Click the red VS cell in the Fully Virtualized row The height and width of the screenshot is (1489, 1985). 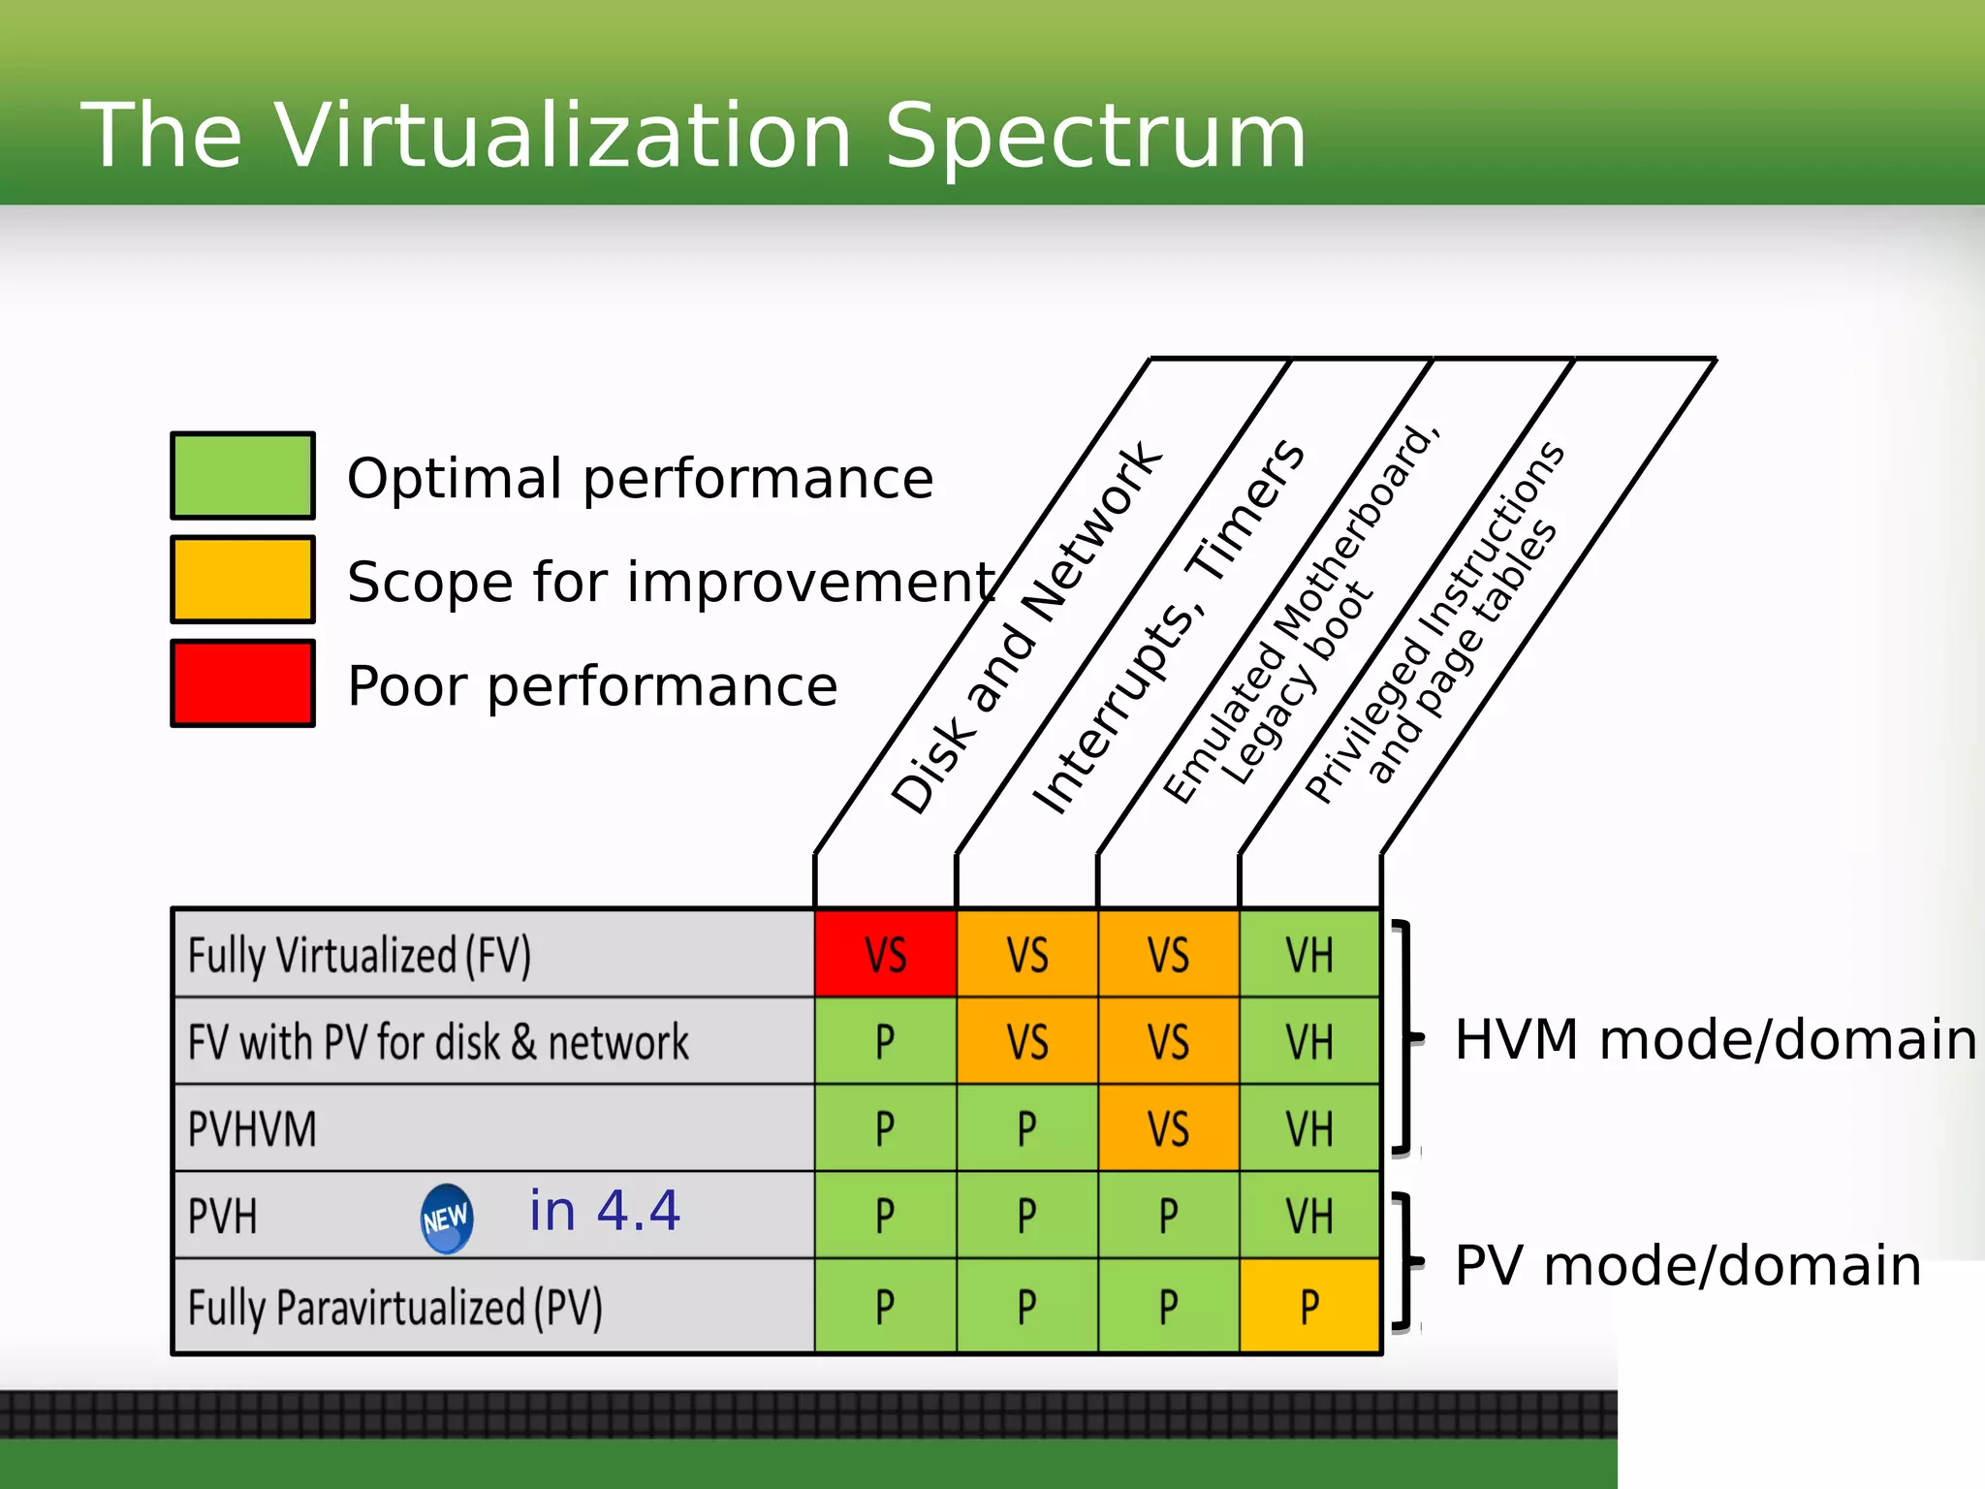click(885, 954)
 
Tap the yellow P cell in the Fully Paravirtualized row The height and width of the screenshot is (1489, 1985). click(1309, 1306)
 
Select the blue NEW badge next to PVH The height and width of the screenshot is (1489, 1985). click(447, 1219)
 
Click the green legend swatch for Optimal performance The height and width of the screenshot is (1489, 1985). click(242, 476)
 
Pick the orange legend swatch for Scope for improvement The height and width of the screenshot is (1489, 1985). click(242, 580)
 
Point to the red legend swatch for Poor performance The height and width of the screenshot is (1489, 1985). click(242, 683)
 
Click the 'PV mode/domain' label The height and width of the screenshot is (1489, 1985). click(1687, 1266)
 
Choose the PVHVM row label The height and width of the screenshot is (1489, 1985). click(252, 1129)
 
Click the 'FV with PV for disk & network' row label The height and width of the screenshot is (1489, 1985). click(438, 1042)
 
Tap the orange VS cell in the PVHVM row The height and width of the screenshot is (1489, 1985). click(1168, 1128)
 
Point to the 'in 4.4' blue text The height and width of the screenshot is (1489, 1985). click(605, 1211)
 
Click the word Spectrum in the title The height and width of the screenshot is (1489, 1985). click(1095, 136)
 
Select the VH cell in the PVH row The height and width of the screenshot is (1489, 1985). click(1309, 1216)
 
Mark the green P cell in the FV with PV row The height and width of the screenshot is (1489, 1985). click(885, 1042)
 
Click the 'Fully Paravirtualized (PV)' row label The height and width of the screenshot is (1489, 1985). click(394, 1307)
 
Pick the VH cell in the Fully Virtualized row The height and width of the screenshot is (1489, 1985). click(1309, 954)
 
